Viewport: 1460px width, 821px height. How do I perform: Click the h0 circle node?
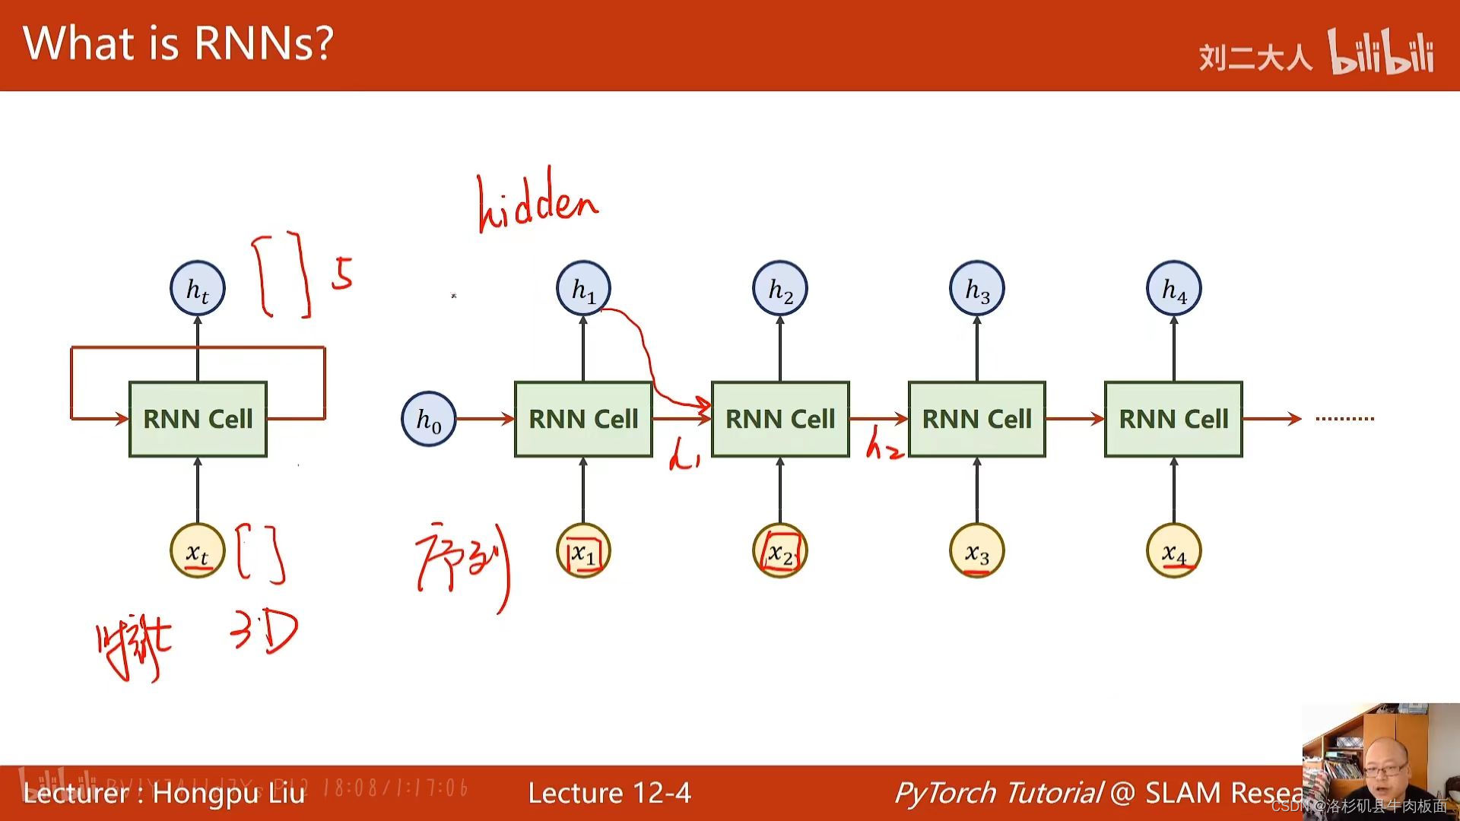click(428, 419)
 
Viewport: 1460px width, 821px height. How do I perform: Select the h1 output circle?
click(583, 289)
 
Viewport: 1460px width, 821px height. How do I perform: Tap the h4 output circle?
click(1173, 289)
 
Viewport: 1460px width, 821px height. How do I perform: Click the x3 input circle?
click(976, 551)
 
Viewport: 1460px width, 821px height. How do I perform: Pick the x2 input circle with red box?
click(780, 551)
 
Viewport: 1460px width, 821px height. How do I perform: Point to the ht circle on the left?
click(198, 289)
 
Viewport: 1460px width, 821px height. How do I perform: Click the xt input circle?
click(198, 551)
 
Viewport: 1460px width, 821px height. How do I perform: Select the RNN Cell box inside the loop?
click(198, 419)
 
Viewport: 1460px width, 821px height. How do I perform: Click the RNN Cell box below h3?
click(976, 419)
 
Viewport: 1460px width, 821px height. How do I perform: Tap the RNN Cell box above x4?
click(1173, 419)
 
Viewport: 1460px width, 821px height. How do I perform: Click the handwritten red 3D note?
click(264, 631)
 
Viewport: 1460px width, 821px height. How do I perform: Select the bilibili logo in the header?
click(1381, 53)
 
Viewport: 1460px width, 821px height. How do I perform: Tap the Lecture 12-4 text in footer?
click(609, 793)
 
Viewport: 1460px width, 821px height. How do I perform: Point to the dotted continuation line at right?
click(1344, 418)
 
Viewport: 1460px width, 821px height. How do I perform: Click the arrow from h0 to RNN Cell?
click(485, 418)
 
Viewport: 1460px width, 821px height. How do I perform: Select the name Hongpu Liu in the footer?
click(228, 793)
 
